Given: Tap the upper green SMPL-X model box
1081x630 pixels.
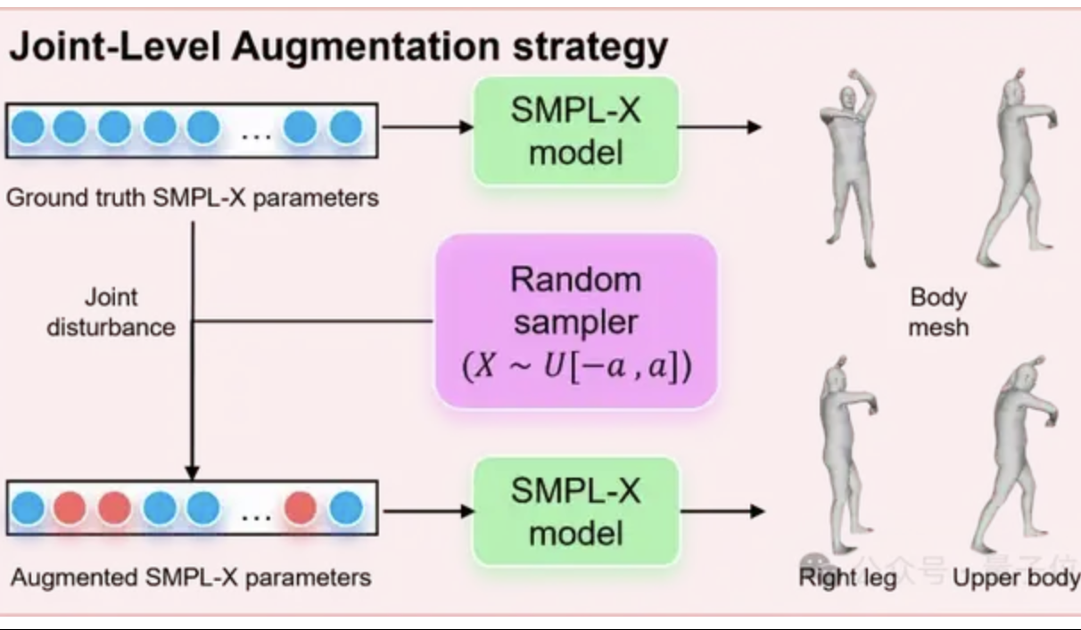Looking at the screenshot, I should [575, 131].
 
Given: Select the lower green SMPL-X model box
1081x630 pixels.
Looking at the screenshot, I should [575, 511].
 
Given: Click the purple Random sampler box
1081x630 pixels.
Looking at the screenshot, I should [575, 321].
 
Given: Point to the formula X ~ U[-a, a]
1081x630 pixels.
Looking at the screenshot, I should [575, 368].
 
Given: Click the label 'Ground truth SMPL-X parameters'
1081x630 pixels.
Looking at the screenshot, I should [192, 197].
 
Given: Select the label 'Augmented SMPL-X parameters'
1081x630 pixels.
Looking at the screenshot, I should [191, 577].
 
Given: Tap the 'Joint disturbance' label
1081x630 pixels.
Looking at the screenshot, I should [111, 312].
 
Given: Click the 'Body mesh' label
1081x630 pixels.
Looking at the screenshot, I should [938, 312].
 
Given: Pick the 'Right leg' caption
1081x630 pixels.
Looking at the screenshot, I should [846, 577].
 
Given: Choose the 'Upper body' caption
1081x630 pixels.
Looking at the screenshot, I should [1015, 577].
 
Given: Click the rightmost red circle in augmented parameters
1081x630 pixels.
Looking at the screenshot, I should [300, 509].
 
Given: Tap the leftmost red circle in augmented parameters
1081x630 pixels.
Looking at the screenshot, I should [69, 509].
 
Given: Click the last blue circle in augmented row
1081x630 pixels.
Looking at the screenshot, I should [345, 509].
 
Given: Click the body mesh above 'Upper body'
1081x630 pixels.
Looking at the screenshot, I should [1012, 454].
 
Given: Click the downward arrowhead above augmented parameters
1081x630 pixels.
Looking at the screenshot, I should [191, 472].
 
